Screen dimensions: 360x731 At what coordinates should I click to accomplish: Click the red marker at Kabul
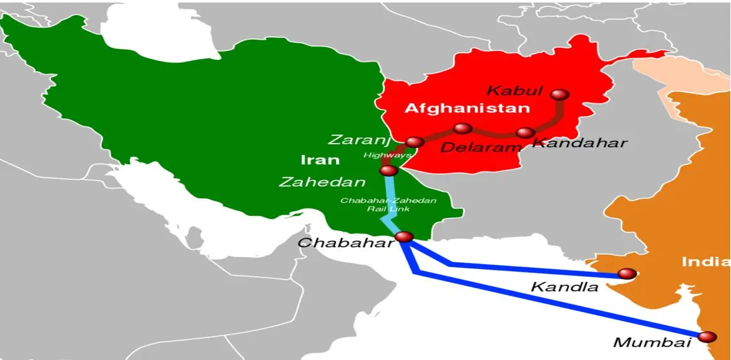point(559,95)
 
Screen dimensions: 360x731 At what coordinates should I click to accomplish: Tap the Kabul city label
point(514,91)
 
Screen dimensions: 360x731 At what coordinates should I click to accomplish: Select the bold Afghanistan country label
point(467,108)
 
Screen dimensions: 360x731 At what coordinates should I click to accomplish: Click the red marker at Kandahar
point(525,133)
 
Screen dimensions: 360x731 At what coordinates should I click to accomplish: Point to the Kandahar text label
point(579,143)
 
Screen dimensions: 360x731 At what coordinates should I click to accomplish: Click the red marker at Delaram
point(462,128)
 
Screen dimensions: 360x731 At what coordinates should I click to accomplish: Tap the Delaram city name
point(481,148)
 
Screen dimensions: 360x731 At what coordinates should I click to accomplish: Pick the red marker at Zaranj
point(415,142)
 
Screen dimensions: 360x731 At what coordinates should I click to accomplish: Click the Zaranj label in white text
point(360,140)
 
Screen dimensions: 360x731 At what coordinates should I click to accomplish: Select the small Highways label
point(387,155)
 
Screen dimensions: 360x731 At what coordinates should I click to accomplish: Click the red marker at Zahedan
point(388,171)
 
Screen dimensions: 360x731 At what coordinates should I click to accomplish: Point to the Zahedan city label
point(322,182)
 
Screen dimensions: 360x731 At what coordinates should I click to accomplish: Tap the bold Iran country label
point(320,160)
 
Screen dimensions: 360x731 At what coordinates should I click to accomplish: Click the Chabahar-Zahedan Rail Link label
point(388,204)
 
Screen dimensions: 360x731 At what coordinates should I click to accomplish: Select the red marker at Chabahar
point(404,237)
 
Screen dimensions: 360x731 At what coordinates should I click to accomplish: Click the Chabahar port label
point(346,243)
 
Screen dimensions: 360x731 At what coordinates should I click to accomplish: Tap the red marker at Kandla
point(627,274)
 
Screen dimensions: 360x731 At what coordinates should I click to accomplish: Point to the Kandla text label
point(564,287)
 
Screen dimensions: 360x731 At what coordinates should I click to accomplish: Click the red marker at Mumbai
point(707,337)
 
